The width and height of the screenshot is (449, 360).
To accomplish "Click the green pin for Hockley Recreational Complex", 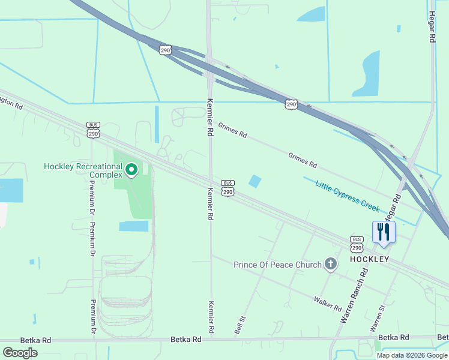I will coord(131,170).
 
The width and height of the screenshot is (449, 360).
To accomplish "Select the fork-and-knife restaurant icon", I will coord(384,232).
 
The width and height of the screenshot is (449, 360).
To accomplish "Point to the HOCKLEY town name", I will coord(370,259).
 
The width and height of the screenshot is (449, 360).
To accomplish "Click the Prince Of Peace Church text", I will coord(278,265).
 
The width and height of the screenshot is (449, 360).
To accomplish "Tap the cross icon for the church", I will coord(330,264).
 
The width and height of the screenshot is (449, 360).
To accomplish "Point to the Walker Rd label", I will coord(327,303).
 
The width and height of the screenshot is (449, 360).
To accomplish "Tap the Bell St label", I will coord(240,326).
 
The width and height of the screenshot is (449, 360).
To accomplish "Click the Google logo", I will coord(20,352).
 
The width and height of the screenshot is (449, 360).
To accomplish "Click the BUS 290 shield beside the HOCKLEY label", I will coord(357,244).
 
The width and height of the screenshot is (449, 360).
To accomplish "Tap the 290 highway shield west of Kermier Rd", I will coord(166,50).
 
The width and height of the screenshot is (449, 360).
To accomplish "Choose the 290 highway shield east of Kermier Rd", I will coord(291,104).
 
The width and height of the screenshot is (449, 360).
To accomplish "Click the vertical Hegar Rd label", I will coord(432,28).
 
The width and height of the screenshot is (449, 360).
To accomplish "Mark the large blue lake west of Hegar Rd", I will coord(367,73).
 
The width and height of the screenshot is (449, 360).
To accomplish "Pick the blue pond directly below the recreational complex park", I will coord(133,226).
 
